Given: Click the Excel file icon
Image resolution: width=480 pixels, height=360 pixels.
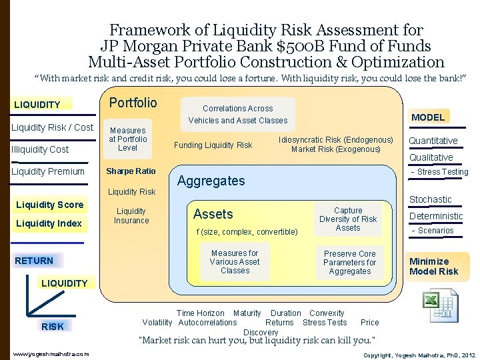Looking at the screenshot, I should tap(441, 305).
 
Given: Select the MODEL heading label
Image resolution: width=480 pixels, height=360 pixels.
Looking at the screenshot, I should tap(428, 117).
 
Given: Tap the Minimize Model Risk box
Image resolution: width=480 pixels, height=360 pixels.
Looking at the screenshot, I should tap(434, 266).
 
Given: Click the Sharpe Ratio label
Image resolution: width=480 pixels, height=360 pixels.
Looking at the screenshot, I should tap(131, 171).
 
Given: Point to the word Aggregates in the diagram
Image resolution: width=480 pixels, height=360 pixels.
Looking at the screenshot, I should tap(211, 181).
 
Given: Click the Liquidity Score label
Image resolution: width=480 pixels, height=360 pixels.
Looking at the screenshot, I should tap(50, 205).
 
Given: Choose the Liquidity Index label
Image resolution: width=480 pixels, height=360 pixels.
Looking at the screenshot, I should tap(49, 223).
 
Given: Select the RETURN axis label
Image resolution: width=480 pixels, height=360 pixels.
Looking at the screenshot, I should tap(34, 261).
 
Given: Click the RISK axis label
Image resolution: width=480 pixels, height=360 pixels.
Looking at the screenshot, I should tap(53, 327).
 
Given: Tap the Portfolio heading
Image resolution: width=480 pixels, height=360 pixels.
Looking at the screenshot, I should tap(133, 103).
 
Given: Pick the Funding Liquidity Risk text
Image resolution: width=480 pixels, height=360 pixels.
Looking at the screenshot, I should tap(213, 145).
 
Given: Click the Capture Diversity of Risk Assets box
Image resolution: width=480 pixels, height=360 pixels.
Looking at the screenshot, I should tap(348, 219).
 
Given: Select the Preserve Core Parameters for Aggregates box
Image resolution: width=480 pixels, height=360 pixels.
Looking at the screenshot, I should tap(349, 263).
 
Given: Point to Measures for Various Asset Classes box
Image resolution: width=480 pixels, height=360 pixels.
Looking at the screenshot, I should tap(235, 262).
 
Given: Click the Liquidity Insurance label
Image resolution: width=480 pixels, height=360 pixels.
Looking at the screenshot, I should tap(131, 216).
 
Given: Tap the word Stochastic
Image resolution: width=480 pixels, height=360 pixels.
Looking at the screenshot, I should tap(430, 199).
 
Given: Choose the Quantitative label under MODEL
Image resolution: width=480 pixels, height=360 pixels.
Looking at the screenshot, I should tap(433, 141).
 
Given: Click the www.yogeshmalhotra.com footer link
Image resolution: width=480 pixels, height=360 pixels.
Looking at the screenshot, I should tap(51, 354).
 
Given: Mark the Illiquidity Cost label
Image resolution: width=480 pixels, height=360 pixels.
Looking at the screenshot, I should tap(40, 149).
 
